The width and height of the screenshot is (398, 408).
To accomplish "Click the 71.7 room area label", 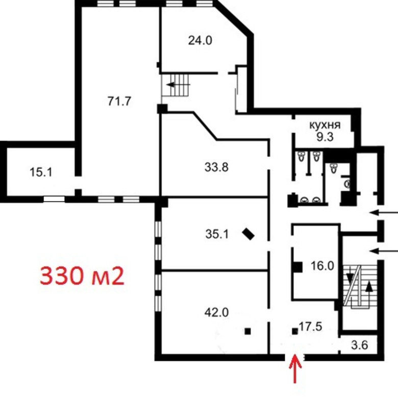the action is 119,101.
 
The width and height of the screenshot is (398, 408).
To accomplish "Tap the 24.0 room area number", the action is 200,40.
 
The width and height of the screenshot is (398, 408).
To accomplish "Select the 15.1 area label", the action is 41,172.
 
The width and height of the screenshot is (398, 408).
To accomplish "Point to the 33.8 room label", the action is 216,167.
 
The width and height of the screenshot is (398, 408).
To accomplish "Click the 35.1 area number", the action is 217,234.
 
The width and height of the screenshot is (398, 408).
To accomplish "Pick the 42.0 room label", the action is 216,312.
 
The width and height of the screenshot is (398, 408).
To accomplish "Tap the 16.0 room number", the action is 322,266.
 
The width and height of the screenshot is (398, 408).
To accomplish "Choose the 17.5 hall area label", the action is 311,326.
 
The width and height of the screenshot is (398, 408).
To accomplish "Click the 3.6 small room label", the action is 359,345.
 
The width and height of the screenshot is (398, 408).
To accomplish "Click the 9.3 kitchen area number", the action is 325,137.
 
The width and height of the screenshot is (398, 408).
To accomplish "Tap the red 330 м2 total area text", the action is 82,276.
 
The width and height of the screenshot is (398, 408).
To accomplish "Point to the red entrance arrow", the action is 295,368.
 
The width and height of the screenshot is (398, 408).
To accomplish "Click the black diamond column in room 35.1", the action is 248,234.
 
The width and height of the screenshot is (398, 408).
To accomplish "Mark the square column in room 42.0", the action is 247,331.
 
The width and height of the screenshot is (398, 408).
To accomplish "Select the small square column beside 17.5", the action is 295,331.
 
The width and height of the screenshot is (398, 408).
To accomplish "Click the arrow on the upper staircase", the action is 179,85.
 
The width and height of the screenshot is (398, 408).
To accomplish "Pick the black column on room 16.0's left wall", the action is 297,267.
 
